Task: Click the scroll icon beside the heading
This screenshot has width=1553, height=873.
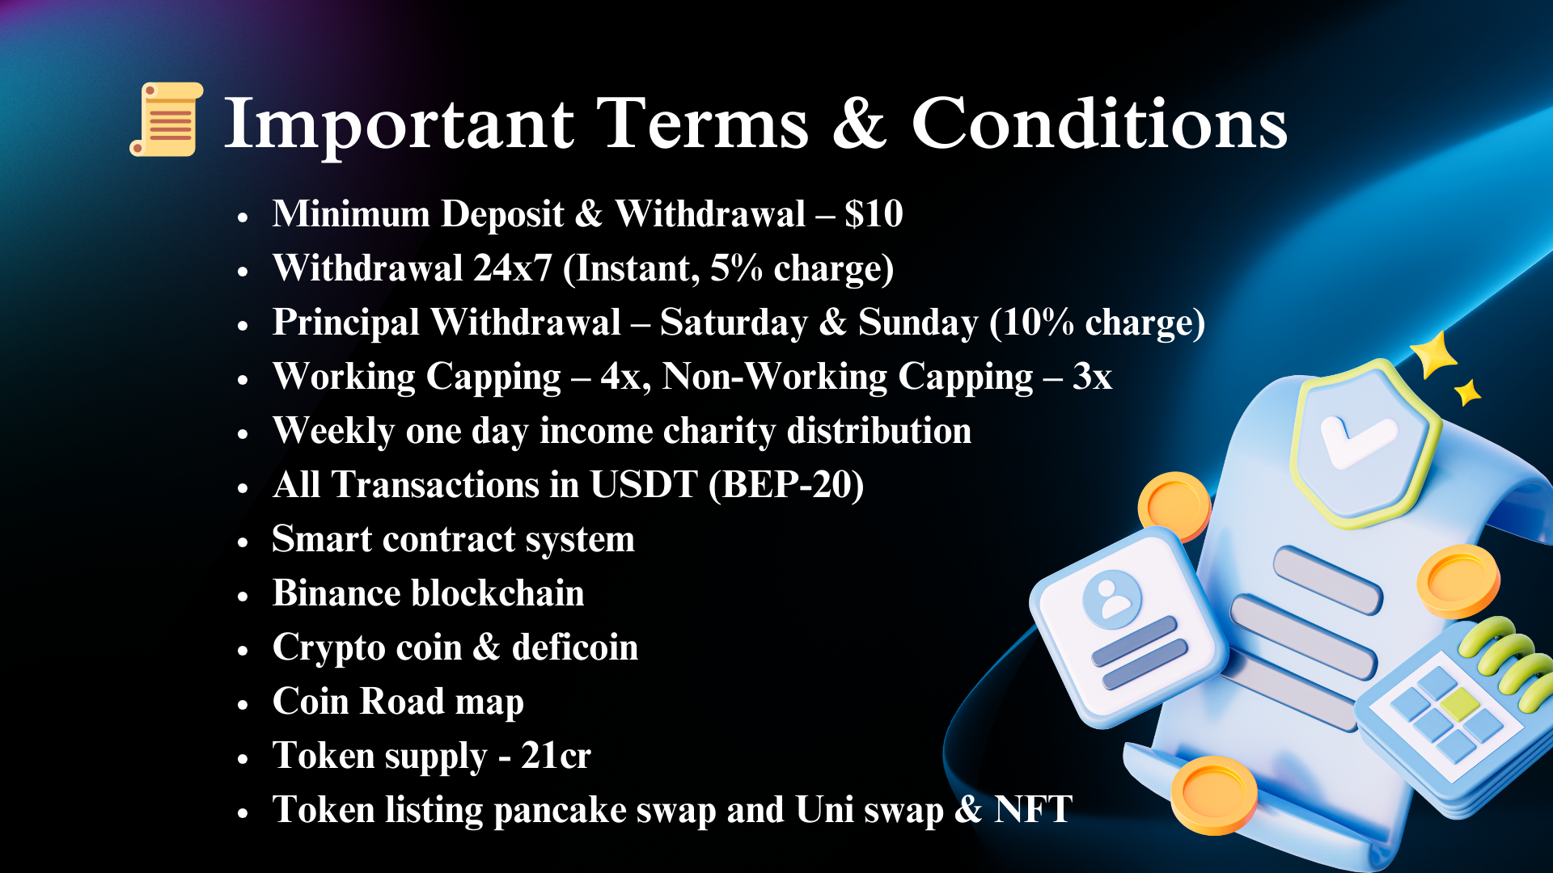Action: coord(167,119)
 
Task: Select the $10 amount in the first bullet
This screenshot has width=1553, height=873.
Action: coord(874,214)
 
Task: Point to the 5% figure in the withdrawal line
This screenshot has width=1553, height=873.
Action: coord(736,268)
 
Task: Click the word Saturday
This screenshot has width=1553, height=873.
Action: coord(734,323)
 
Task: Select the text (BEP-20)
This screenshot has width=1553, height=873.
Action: coord(786,485)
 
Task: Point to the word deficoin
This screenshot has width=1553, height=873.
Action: coord(575,647)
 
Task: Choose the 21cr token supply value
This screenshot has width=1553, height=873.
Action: coord(556,756)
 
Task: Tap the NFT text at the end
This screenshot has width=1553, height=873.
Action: coord(1034,809)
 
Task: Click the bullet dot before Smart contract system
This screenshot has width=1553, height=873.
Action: coord(243,542)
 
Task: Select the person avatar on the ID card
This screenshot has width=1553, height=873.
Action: coord(1112,599)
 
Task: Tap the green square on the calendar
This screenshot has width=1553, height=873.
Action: coord(1459,703)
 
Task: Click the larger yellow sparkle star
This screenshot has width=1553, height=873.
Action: coord(1434,354)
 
